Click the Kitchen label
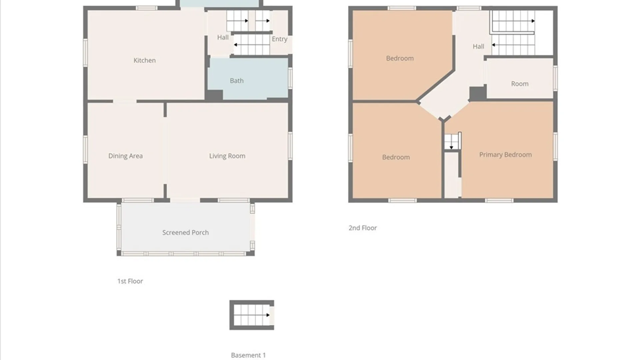pos(144,60)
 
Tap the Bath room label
pos(237,81)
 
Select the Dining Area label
pos(125,156)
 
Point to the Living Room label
pos(227,156)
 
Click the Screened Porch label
pos(185,233)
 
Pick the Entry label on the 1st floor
pos(279,39)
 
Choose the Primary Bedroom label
pos(505,155)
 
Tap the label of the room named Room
pos(520,84)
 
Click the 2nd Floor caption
pos(363,228)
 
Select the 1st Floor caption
pos(130,281)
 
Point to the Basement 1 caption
pos(248,355)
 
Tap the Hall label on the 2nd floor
pos(478,47)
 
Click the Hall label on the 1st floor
pos(223,37)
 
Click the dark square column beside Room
pos(477,93)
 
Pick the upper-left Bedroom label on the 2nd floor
pos(400,58)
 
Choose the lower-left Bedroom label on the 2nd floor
pos(396,157)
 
